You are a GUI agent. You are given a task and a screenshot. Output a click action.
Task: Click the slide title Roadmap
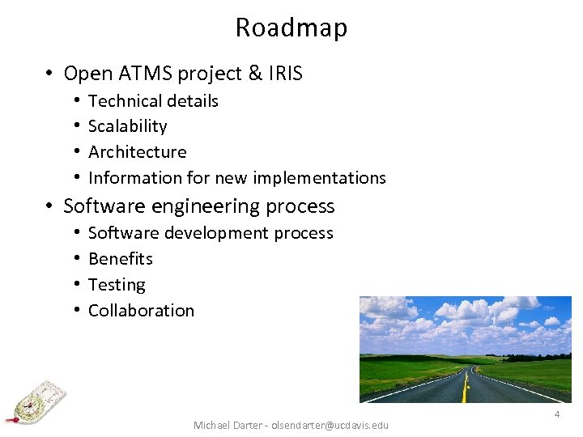(x=291, y=28)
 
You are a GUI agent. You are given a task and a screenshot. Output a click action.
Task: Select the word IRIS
(x=286, y=74)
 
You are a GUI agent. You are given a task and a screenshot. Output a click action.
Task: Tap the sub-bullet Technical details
(x=153, y=101)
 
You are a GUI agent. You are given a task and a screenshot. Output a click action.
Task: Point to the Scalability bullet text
(x=127, y=126)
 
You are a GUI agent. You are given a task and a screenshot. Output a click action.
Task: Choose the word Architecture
(x=137, y=152)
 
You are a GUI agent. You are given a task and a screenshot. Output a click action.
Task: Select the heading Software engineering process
(x=198, y=206)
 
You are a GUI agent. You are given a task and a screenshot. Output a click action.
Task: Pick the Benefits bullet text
(x=120, y=259)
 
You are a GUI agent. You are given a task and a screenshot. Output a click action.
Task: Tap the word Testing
(x=117, y=285)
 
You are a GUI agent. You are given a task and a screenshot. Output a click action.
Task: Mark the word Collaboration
(x=141, y=311)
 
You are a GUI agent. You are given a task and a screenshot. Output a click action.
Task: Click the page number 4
(x=556, y=414)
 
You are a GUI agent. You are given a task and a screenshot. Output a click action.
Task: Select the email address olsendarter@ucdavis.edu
(x=330, y=425)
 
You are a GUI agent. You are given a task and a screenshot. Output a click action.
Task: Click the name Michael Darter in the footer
(x=229, y=425)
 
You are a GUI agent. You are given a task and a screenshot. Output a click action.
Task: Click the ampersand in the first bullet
(x=255, y=74)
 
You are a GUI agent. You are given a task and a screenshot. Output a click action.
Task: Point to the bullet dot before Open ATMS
(x=49, y=74)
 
